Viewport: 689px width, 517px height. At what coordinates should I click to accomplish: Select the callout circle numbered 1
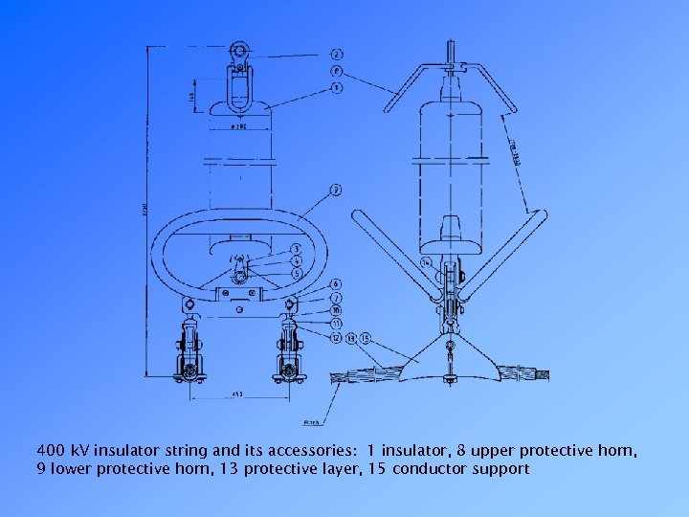[337, 88]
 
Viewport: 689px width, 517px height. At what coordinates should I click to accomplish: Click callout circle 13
[352, 338]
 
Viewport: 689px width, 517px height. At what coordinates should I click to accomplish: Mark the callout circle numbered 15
[366, 338]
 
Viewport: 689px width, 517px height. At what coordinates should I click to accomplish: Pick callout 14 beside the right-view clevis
[425, 261]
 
